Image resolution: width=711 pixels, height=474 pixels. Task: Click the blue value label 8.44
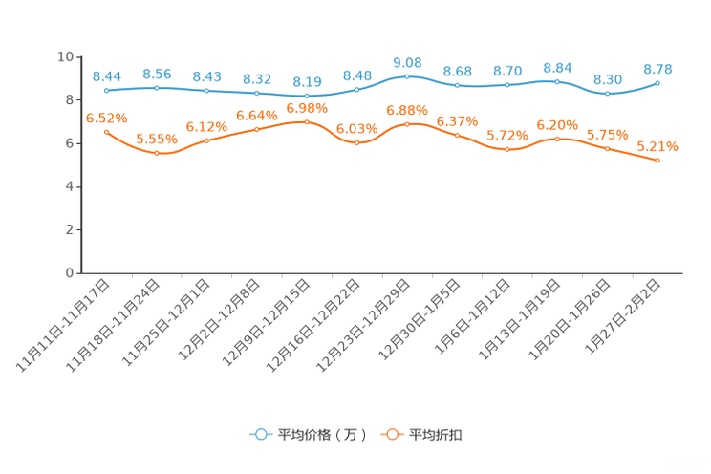point(107,75)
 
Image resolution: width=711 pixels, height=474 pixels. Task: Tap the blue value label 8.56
point(157,73)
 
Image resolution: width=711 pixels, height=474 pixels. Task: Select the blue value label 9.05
point(407,62)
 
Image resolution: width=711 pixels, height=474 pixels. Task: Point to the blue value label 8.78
point(657,68)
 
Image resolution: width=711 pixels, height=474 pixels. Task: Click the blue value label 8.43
point(207,75)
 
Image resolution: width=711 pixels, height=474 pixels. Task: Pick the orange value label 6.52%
point(106,118)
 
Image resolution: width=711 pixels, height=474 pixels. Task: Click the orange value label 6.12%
point(207,126)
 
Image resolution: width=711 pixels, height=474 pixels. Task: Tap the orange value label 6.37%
point(457,121)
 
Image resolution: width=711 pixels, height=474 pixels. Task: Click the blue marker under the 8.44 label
point(107,90)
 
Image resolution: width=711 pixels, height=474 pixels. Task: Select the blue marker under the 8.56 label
point(157,88)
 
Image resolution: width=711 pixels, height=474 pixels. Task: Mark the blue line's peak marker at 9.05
point(407,76)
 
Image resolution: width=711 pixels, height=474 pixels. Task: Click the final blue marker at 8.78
point(657,83)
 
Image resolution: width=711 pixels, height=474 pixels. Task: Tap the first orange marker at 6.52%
point(106,132)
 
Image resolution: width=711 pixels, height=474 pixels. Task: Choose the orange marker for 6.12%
point(207,141)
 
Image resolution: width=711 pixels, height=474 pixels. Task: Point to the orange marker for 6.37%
point(457,136)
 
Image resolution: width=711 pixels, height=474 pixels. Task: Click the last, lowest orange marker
point(657,161)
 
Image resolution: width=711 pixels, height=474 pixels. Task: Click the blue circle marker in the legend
point(260,434)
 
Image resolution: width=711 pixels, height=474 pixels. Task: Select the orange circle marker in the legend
point(391,434)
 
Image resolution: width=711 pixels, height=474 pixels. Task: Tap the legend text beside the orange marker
point(436,435)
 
